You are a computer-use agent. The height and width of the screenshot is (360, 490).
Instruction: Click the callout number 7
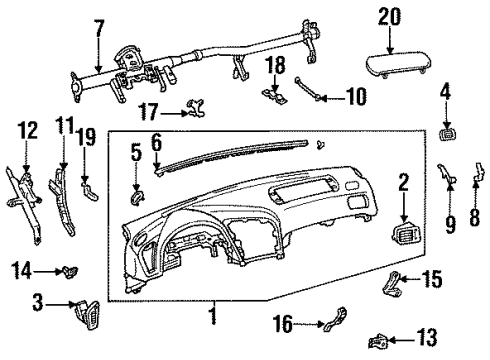coord(99,30)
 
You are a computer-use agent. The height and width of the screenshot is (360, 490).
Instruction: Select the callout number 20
coord(389,17)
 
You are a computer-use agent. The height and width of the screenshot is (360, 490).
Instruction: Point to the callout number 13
coord(427,337)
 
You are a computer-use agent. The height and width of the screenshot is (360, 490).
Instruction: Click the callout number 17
coord(149,111)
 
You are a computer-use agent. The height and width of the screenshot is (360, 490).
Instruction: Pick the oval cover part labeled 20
coord(398,65)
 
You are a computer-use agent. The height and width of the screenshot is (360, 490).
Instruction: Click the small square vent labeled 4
coord(447,134)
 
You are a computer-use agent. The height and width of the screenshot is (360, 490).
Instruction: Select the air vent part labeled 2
coord(406,232)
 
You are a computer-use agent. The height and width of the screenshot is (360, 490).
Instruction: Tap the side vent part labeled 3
coord(87,314)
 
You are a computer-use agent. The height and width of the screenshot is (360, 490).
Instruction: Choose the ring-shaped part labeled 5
coord(136,197)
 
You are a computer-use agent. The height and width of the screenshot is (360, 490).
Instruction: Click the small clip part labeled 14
coord(70,272)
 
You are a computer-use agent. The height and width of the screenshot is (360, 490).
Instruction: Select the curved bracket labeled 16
coord(336,319)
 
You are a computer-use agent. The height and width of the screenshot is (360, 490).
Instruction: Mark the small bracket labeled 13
coord(379,341)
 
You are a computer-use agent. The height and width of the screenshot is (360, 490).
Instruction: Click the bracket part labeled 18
coord(275,96)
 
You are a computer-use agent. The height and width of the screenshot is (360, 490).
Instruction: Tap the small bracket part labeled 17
coord(196,108)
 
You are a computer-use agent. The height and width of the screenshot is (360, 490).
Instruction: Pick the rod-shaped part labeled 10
coord(308,89)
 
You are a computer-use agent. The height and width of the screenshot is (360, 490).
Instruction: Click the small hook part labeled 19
coord(89,190)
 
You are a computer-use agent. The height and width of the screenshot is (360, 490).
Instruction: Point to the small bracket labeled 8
coord(479,171)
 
